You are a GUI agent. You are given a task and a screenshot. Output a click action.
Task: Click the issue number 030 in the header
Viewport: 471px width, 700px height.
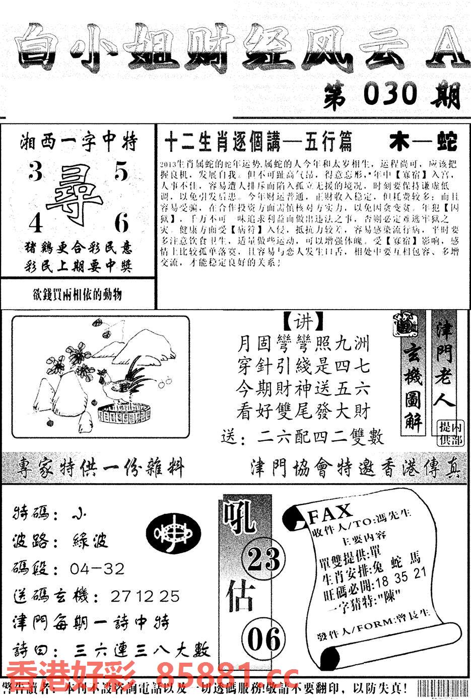[390, 94]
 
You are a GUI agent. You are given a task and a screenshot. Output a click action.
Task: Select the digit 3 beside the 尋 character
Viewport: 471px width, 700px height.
[35, 172]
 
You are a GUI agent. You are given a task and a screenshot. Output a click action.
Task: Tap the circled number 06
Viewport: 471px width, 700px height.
[263, 639]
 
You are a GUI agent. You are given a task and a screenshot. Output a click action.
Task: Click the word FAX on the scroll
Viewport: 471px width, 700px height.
[330, 513]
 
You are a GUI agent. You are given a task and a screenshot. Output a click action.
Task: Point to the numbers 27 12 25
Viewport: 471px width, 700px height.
[145, 596]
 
